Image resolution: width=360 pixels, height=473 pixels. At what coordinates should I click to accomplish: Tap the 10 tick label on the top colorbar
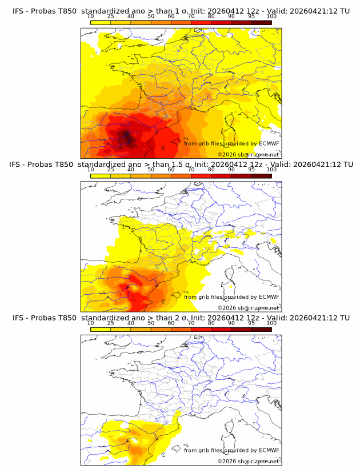tap(90, 17)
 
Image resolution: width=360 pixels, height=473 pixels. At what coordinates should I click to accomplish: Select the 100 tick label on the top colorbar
tap(271, 17)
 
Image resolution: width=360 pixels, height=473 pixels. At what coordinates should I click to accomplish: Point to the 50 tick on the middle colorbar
tap(151, 170)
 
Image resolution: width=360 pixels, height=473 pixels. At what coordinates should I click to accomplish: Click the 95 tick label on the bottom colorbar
tap(251, 323)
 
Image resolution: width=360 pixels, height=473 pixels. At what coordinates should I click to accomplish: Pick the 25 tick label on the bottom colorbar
tap(110, 323)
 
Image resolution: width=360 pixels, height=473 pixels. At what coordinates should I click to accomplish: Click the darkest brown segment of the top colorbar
tap(262, 22)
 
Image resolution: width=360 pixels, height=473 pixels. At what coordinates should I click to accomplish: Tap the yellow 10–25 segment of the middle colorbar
tap(101, 175)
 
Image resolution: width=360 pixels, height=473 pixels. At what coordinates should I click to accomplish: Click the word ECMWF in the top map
tap(269, 143)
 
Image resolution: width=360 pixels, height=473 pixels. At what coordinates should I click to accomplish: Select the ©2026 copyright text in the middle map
tap(226, 307)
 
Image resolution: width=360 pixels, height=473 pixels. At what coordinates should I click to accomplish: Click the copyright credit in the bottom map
tap(248, 460)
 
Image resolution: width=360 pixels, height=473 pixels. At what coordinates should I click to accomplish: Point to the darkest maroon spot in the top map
tap(126, 137)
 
